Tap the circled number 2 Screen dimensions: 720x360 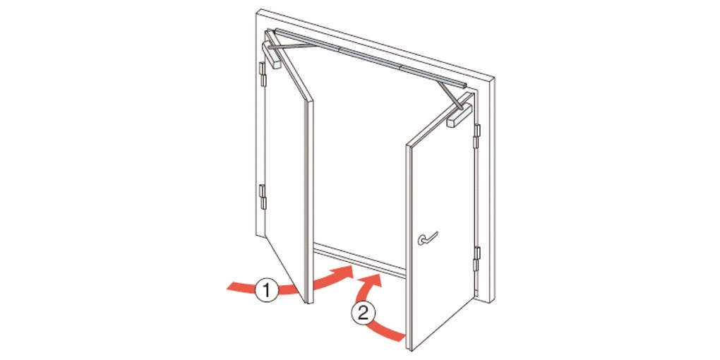click(x=363, y=313)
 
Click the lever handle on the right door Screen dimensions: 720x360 click(x=428, y=238)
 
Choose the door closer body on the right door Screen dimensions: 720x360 click(x=460, y=115)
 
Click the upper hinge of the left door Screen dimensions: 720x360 click(x=263, y=74)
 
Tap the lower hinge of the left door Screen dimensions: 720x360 click(x=263, y=196)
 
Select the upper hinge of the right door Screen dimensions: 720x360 click(x=476, y=136)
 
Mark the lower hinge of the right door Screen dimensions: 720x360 click(x=476, y=258)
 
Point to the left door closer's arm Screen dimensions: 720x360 click(x=292, y=46)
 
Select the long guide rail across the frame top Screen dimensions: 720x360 click(x=370, y=59)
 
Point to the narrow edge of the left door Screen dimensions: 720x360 click(x=310, y=201)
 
